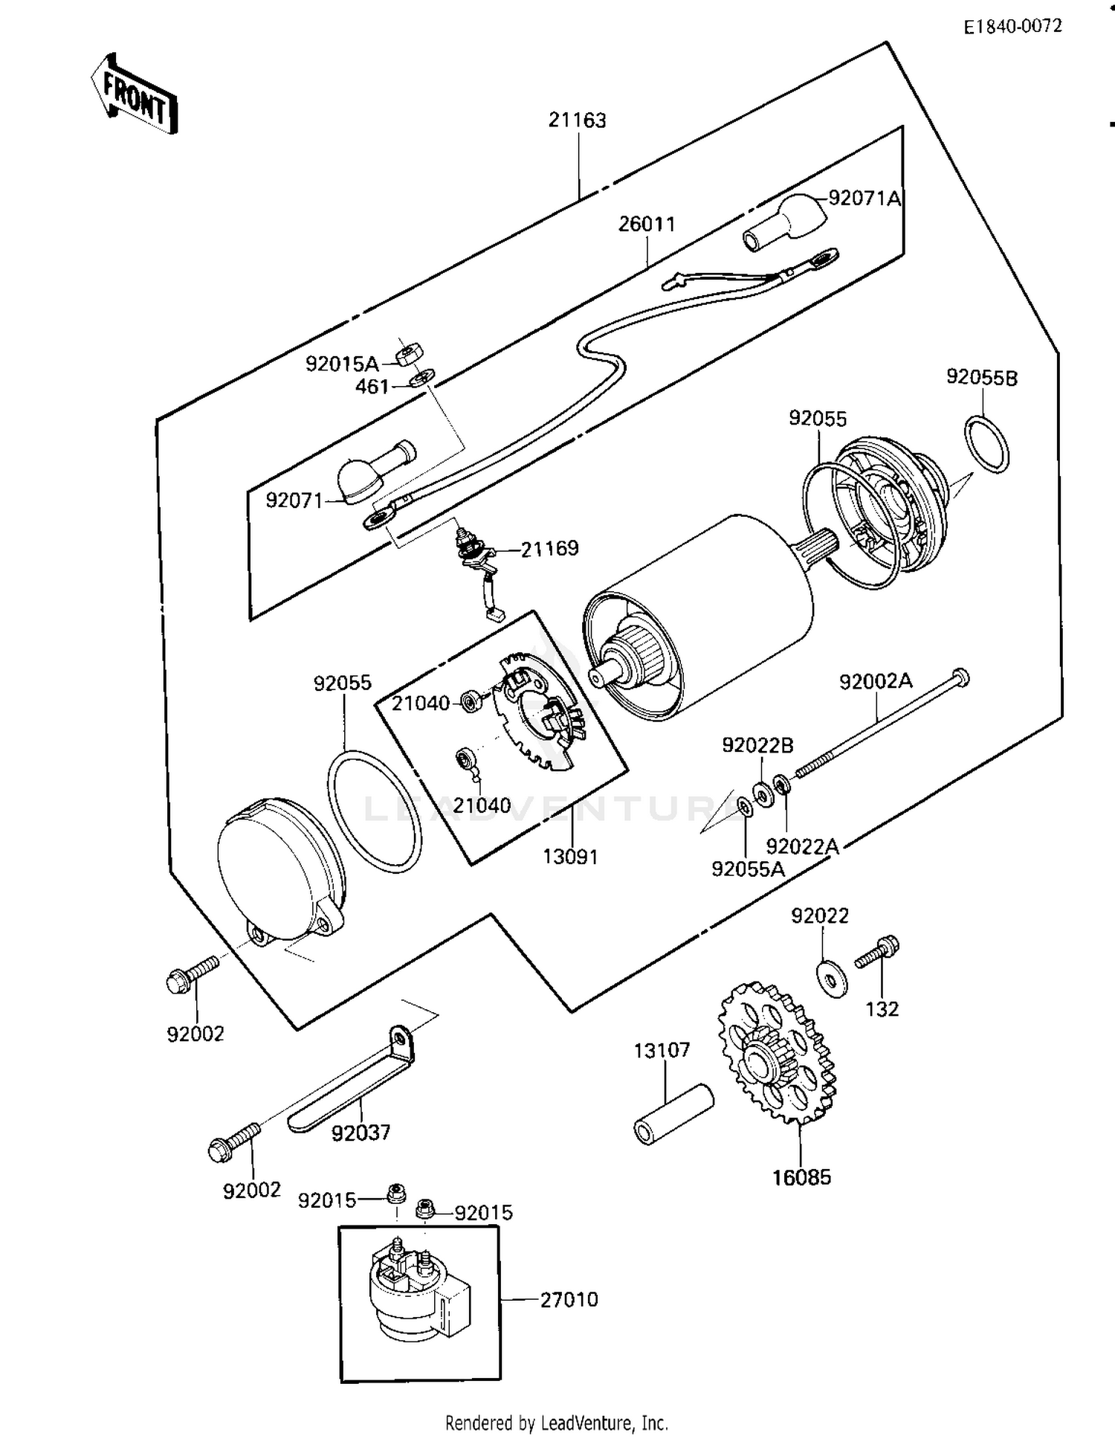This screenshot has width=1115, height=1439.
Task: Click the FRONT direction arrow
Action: pyautogui.click(x=135, y=94)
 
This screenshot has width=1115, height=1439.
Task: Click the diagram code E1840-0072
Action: pyautogui.click(x=1012, y=27)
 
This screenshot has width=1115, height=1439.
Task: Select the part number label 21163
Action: pyautogui.click(x=578, y=120)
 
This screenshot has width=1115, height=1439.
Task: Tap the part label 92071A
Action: pyautogui.click(x=864, y=199)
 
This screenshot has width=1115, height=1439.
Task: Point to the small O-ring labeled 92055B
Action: pyautogui.click(x=987, y=445)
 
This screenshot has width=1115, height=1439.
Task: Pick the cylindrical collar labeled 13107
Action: pyautogui.click(x=673, y=1115)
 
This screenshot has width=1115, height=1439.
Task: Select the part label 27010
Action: pyautogui.click(x=569, y=1299)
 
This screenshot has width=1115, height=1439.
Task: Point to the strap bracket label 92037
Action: pyautogui.click(x=361, y=1133)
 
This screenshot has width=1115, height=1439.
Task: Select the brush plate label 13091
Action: pyautogui.click(x=570, y=857)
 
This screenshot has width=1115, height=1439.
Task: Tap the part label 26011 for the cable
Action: pyautogui.click(x=647, y=224)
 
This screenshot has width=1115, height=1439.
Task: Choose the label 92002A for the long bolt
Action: pyautogui.click(x=876, y=681)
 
